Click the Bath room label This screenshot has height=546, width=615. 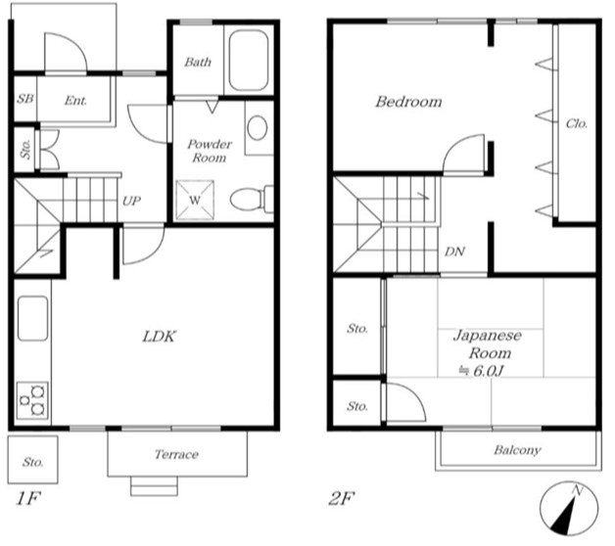pos(198,62)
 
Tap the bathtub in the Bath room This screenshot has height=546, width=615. pos(249,61)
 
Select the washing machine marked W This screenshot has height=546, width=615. pos(195,200)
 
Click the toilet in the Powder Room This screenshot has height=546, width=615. pos(251,199)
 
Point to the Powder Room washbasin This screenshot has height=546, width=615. pos(258,128)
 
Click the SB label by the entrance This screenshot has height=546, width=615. pos(25,99)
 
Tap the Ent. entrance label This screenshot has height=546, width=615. pos(75,101)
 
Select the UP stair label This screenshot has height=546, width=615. pos(131,201)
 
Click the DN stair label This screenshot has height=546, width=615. pos(455,251)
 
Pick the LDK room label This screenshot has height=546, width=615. pos(160,337)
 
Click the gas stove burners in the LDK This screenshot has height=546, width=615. pos(32,400)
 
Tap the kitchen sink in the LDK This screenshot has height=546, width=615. pos(33,318)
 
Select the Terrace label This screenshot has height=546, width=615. pos(176,454)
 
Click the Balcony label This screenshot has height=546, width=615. pos(517,449)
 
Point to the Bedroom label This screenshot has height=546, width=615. pos(408,102)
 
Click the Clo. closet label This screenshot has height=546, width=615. pos(577,124)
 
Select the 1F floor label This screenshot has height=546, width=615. pos(28,499)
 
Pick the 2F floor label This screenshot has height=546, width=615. pos(341,499)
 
